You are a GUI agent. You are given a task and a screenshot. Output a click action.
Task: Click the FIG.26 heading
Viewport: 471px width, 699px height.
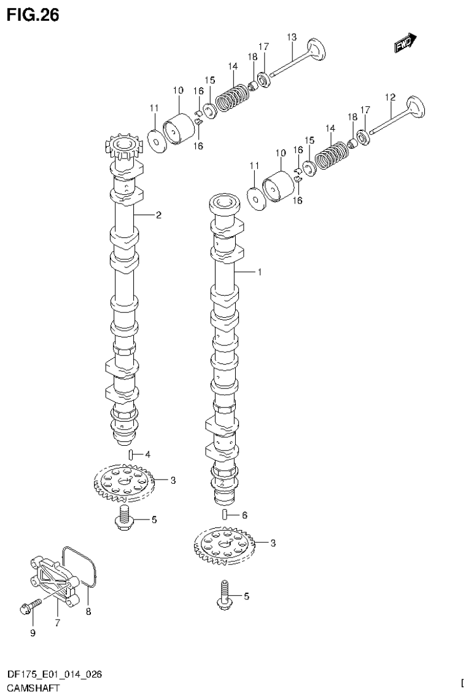pos(33,15)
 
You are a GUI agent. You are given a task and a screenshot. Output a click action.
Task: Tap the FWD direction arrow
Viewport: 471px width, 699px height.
pos(406,42)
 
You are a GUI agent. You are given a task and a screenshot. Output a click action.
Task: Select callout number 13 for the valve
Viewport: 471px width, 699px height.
pos(292,38)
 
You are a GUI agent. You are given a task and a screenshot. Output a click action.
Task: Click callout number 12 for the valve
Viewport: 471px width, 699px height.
pos(389,97)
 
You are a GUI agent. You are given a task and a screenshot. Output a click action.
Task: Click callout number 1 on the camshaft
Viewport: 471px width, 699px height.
pos(259,272)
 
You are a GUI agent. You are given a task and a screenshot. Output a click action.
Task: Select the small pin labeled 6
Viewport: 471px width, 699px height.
pos(225,515)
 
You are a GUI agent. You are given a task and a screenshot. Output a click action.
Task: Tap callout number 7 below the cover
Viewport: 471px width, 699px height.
pos(56,622)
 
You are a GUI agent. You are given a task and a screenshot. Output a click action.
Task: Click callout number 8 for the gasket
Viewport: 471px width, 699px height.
pos(88,612)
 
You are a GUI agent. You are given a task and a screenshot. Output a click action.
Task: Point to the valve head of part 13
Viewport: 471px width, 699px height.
pos(317,50)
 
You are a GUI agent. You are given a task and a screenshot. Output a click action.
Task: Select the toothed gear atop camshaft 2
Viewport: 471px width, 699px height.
pos(125,146)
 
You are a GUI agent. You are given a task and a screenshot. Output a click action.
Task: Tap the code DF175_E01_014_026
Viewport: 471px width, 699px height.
pos(53,675)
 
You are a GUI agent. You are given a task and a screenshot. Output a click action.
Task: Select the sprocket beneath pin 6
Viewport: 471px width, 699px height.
pos(225,545)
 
